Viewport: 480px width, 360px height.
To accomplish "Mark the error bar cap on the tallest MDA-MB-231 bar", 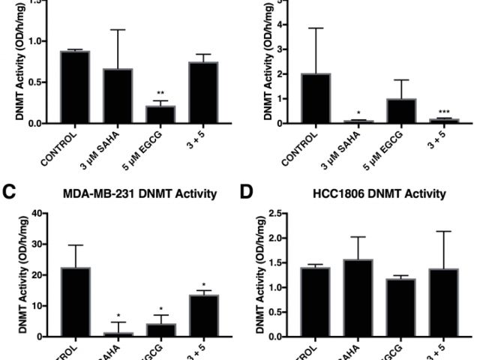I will [76, 245].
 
